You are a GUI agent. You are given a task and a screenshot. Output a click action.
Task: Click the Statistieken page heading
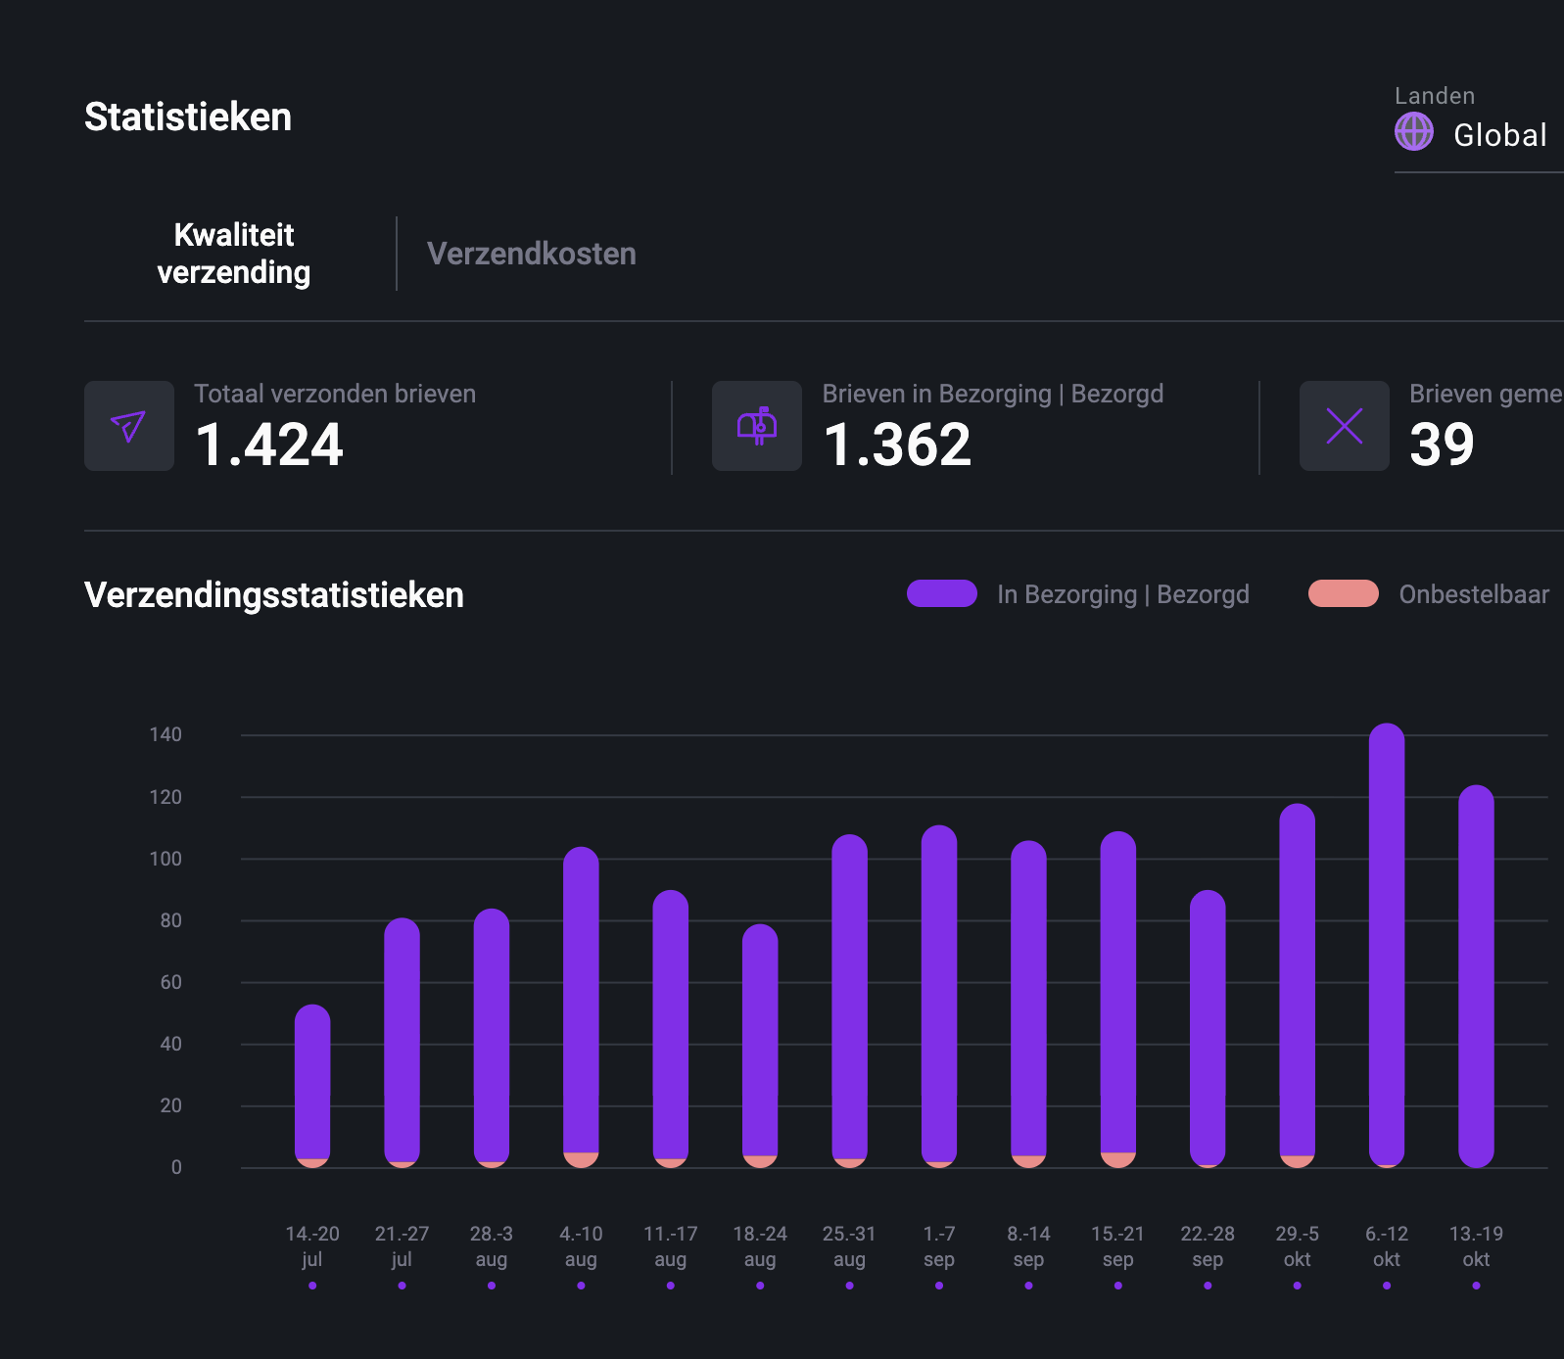point(188,117)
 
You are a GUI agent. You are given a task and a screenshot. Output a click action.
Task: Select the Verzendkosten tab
point(531,254)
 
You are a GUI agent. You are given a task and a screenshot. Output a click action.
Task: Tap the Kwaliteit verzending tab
point(234,254)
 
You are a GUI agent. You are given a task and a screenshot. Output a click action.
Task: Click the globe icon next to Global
point(1413,131)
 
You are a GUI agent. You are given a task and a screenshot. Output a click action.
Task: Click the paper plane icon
point(129,426)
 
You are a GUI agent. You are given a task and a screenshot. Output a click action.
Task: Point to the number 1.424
point(269,445)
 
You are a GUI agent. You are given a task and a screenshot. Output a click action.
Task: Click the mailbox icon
point(756,426)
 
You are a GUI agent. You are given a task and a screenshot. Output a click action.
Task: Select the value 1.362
point(897,445)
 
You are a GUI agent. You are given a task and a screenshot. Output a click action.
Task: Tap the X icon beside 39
point(1344,426)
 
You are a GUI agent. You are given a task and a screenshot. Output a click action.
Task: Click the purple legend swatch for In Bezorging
point(941,593)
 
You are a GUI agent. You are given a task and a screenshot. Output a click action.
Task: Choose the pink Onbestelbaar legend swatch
point(1343,593)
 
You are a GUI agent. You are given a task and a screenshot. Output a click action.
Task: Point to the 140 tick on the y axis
point(166,734)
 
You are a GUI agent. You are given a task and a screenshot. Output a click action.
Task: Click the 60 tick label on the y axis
point(170,982)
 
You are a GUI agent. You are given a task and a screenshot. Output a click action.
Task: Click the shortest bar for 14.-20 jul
point(312,1082)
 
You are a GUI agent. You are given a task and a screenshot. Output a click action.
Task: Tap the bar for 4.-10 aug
point(581,999)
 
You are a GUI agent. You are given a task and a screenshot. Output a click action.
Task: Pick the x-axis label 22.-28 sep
point(1207,1245)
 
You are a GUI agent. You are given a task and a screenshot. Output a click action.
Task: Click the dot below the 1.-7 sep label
point(938,1286)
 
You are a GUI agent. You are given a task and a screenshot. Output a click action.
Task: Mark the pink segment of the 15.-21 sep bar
point(1117,1159)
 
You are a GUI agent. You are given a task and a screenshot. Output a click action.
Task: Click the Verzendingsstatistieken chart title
point(274,595)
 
